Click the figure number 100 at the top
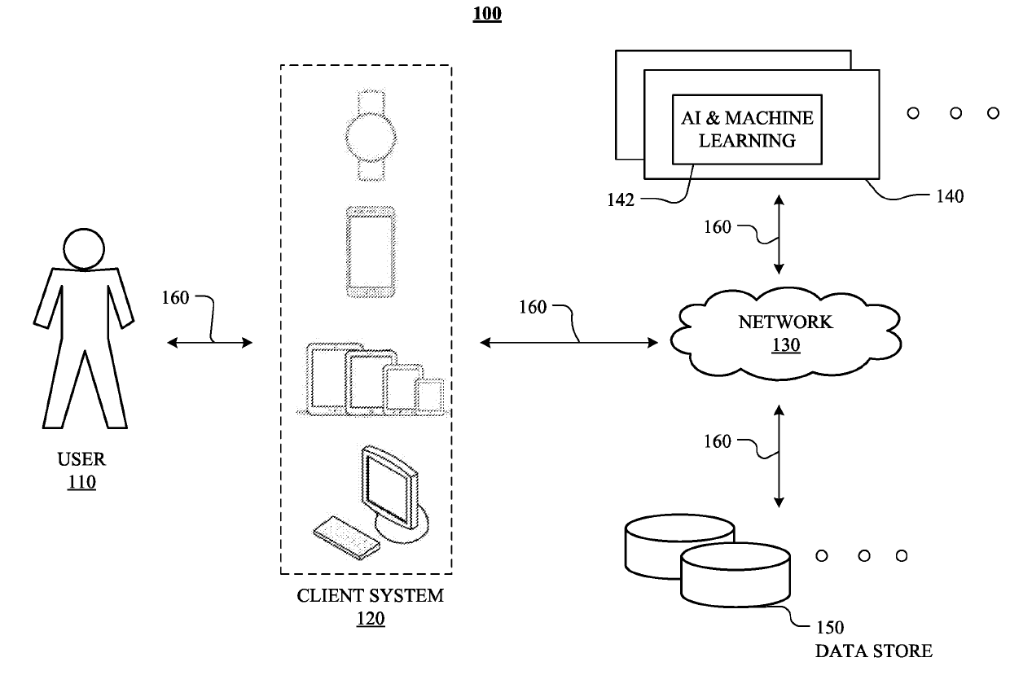pyautogui.click(x=487, y=14)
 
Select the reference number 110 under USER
pyautogui.click(x=81, y=482)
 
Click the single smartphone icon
pyautogui.click(x=371, y=253)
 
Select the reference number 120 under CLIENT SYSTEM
pyautogui.click(x=370, y=619)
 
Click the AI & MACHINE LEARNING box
pyautogui.click(x=747, y=129)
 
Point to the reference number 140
pyautogui.click(x=950, y=196)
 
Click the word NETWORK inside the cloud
pyautogui.click(x=784, y=322)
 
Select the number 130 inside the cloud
pyautogui.click(x=785, y=345)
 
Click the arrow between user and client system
pyautogui.click(x=210, y=344)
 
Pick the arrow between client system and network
pyautogui.click(x=569, y=343)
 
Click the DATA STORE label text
pyautogui.click(x=874, y=651)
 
